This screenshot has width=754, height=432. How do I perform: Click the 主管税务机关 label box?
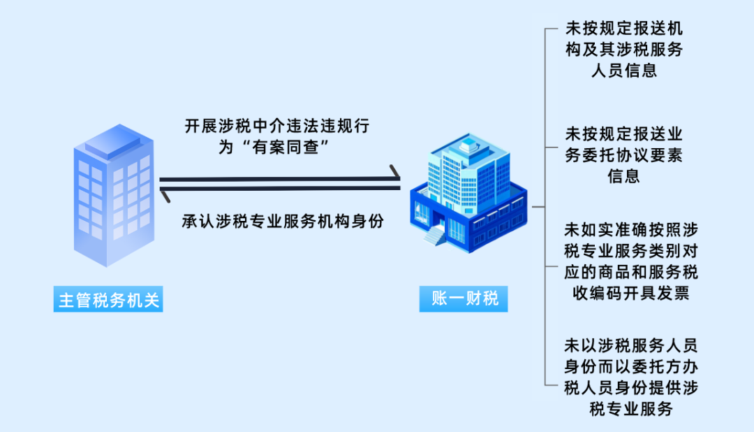point(109,301)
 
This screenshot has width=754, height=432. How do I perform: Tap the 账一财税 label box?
point(464,299)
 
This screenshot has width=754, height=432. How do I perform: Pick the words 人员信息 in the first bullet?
point(623,71)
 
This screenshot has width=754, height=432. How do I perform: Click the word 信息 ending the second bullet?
point(623,175)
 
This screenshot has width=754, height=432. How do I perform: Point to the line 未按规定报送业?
point(623,133)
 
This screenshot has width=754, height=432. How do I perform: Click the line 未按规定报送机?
point(623,29)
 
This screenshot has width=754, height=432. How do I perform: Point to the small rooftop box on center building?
point(466,145)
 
